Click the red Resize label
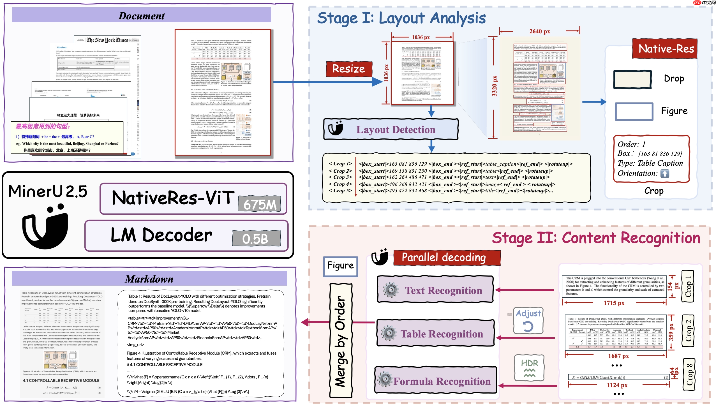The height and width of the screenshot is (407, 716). tap(349, 69)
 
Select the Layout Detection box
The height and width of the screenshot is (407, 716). tap(391, 129)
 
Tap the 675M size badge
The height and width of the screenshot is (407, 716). tap(259, 204)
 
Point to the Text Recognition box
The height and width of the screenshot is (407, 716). tap(435, 290)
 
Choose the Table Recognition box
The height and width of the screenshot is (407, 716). tap(435, 334)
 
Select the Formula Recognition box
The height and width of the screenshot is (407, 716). tap(435, 381)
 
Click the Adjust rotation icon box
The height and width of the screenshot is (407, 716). tap(528, 320)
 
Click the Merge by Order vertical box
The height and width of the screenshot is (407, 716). tap(341, 341)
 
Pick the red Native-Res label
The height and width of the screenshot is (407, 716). tap(664, 49)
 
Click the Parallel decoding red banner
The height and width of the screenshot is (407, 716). tap(447, 257)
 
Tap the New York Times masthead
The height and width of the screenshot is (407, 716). tap(107, 40)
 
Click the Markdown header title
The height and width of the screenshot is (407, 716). tap(149, 279)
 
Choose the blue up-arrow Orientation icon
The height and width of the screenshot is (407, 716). tap(665, 174)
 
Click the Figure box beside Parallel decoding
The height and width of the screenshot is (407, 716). tap(340, 266)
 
